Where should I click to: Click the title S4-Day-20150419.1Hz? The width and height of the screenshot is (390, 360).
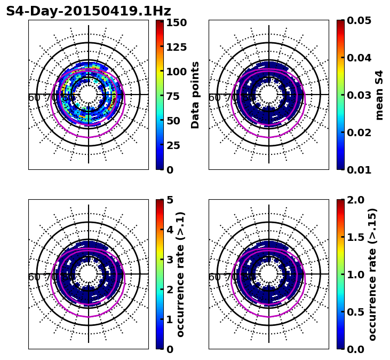pos(88,11)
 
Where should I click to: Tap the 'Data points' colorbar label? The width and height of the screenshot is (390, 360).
pos(195,95)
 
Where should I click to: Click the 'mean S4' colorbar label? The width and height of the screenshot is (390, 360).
pos(379,95)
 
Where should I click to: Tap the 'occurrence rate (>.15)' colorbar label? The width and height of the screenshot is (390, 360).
pos(372,275)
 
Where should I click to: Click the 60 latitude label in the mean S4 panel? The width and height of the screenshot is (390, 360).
pos(214,98)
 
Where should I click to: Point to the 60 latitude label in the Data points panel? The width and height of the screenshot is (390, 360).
pos(34,98)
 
